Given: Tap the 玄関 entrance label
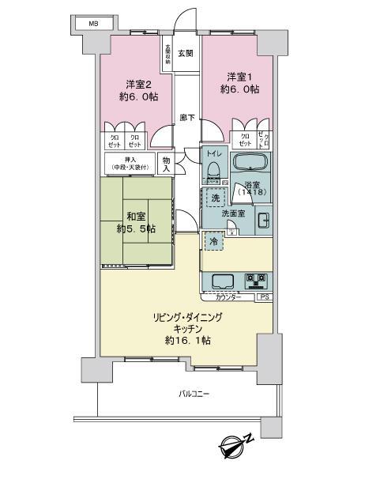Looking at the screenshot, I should pyautogui.click(x=185, y=54).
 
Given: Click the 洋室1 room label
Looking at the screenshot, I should pyautogui.click(x=239, y=76).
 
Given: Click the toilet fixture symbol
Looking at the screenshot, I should pyautogui.click(x=213, y=169).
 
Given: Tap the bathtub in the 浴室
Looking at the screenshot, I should pyautogui.click(x=250, y=164).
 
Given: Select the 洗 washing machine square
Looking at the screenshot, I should pyautogui.click(x=214, y=198).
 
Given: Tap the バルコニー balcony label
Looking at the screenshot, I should pyautogui.click(x=194, y=394).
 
